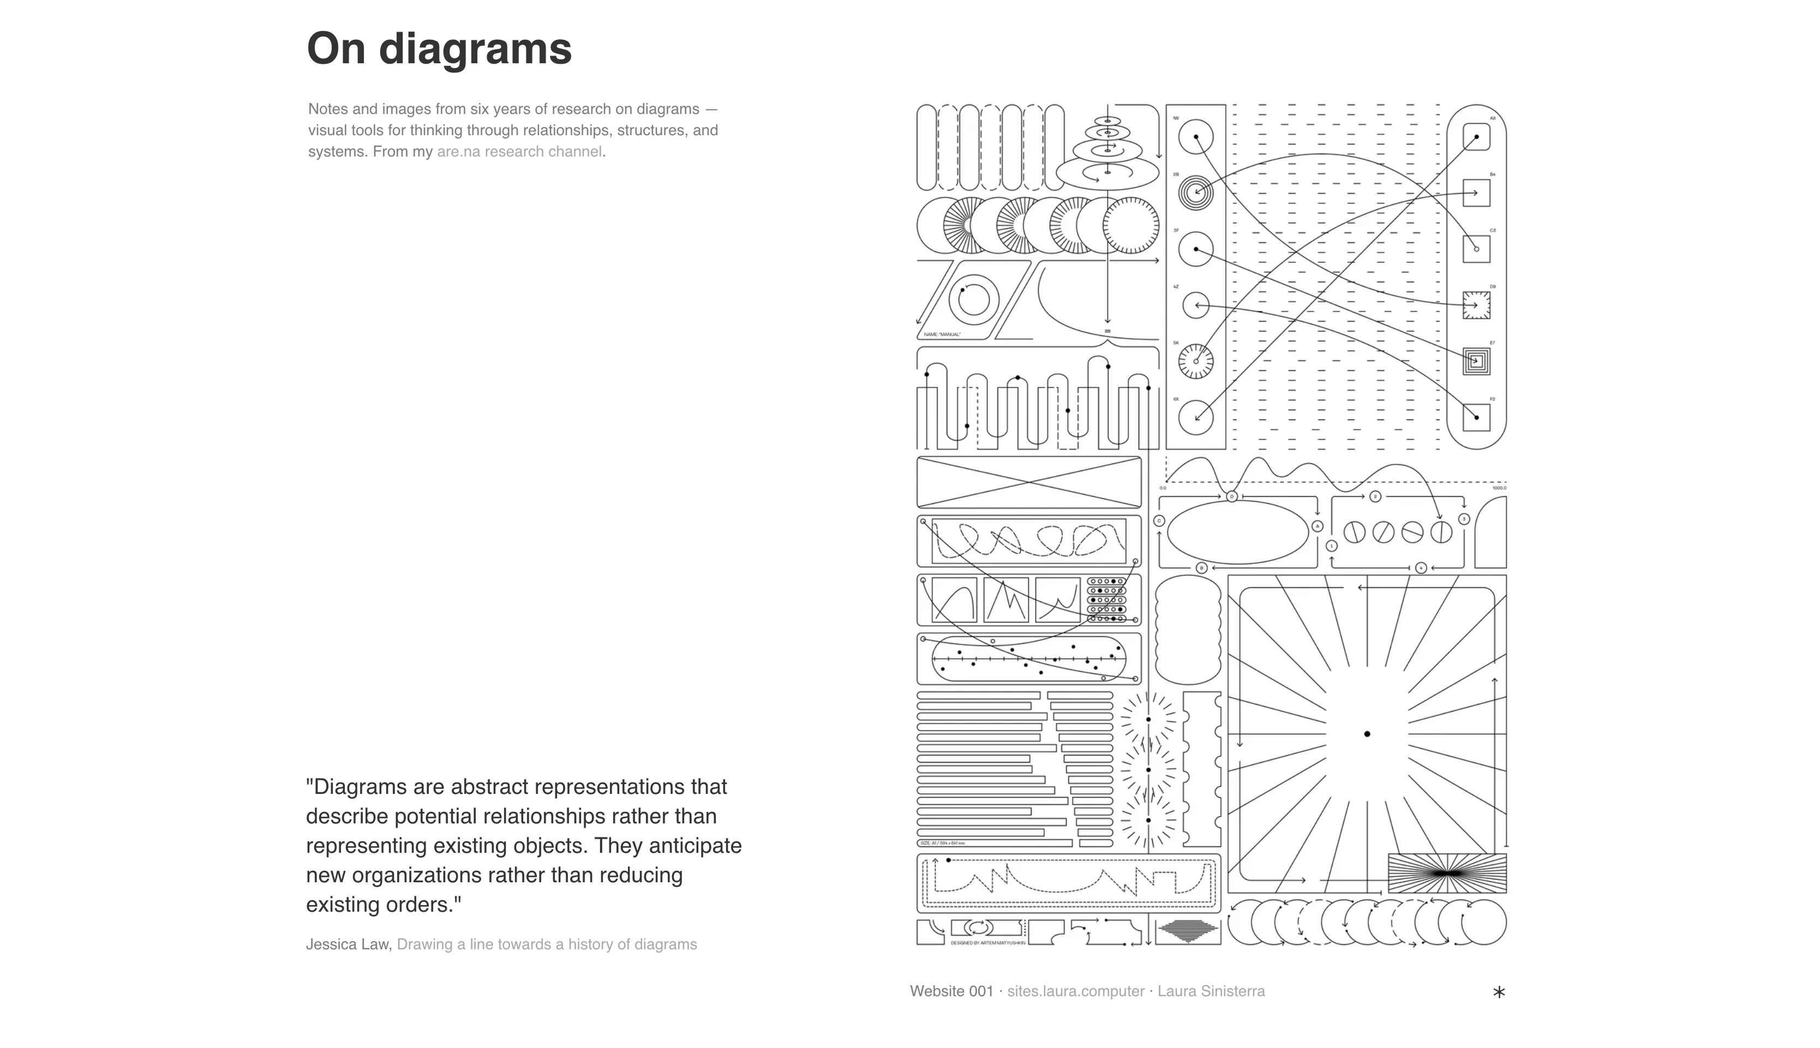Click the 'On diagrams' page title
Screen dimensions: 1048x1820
[x=439, y=49]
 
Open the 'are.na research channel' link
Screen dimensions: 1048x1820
[x=519, y=152]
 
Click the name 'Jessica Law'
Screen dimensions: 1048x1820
[x=348, y=944]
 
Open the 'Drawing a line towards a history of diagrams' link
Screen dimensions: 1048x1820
[x=547, y=944]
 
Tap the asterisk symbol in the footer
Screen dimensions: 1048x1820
[x=1499, y=992]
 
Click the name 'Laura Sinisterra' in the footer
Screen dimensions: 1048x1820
[x=1211, y=991]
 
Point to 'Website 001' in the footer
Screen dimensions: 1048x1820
[x=951, y=991]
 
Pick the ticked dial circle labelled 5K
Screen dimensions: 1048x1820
[x=1196, y=362]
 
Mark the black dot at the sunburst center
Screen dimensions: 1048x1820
[x=1367, y=734]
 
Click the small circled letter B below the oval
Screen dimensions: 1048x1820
[x=1201, y=568]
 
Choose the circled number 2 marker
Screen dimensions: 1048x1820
[x=1375, y=497]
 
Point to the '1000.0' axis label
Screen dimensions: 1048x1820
[x=1499, y=488]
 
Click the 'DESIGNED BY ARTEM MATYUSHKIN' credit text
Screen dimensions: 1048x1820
[x=988, y=943]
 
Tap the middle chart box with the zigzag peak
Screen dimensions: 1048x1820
[x=1006, y=600]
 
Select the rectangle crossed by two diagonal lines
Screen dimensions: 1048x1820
[x=1029, y=482]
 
